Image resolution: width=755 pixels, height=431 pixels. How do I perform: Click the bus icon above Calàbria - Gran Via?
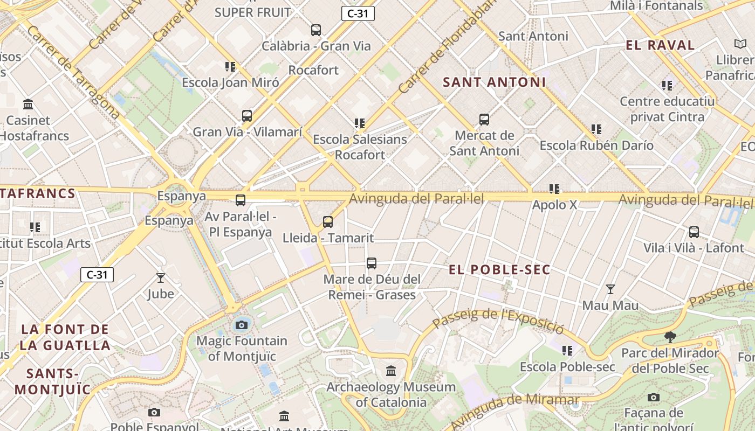316,30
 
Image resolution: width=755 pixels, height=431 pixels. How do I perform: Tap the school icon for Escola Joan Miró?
230,67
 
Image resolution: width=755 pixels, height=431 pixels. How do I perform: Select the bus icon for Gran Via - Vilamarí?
247,116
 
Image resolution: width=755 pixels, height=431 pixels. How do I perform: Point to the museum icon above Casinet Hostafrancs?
28,104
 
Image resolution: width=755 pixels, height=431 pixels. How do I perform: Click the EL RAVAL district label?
660,45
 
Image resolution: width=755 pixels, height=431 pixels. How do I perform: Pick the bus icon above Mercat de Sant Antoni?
484,120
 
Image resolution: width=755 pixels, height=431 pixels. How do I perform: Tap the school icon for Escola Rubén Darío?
596,129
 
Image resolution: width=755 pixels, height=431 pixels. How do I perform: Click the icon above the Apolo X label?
554,189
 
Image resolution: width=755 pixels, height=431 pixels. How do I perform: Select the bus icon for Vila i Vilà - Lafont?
694,232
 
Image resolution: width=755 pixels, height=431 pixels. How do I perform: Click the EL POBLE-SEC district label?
499,270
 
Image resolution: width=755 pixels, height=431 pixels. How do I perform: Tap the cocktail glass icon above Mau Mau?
610,289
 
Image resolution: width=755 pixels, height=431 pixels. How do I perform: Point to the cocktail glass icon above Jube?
160,278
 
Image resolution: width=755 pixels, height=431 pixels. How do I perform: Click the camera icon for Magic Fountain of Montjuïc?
242,325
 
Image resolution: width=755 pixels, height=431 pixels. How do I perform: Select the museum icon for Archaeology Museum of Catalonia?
391,371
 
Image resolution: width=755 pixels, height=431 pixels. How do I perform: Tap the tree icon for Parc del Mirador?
670,337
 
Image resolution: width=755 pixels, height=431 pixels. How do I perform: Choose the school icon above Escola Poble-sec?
567,351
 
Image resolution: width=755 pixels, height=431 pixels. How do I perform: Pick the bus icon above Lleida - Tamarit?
328,222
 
